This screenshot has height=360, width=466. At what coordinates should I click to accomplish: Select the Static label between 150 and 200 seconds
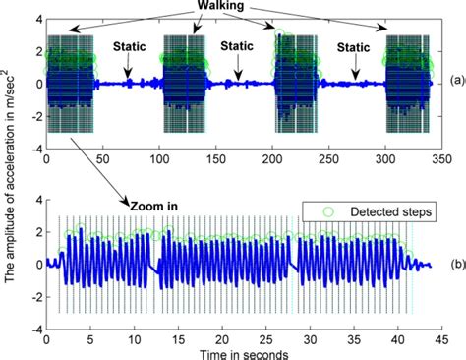point(237,45)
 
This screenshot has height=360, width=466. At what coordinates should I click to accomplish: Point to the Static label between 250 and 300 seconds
point(351,45)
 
